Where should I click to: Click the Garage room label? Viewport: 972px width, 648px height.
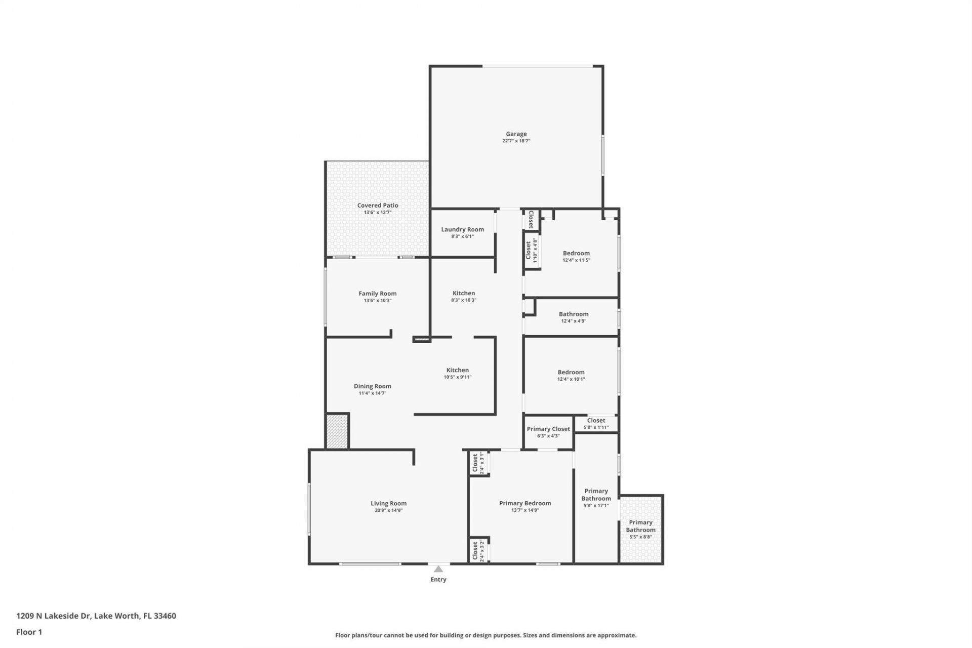pos(516,134)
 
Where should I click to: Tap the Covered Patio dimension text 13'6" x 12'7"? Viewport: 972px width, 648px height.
pos(378,213)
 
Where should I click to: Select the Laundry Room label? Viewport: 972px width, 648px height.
pos(462,229)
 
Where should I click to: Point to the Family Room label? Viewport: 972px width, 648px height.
pos(377,294)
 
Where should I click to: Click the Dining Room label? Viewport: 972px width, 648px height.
pos(372,386)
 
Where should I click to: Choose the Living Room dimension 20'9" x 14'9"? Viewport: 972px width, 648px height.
pos(388,511)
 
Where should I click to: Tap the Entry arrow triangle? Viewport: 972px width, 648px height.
pos(438,569)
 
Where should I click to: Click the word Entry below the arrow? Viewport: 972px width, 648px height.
pos(438,580)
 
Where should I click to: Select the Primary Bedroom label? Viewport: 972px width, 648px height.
pos(525,503)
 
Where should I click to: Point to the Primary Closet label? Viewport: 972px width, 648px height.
pos(548,429)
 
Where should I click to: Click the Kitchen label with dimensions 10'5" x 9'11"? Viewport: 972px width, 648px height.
pos(457,370)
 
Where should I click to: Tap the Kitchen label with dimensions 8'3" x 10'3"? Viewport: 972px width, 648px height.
pos(464,293)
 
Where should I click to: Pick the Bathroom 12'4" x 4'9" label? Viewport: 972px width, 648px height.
pos(574,314)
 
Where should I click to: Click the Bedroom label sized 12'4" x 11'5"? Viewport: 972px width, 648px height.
pos(576,253)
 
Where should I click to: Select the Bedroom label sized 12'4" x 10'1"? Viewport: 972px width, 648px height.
pos(571,372)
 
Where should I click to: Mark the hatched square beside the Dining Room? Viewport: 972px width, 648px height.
pos(337,431)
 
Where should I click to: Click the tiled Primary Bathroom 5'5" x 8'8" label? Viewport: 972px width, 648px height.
pos(640,526)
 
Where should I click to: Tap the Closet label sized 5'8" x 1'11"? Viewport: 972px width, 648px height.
pos(596,420)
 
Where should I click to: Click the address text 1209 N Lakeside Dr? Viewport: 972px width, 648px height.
pos(53,616)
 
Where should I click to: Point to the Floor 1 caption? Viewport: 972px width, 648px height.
pos(29,632)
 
